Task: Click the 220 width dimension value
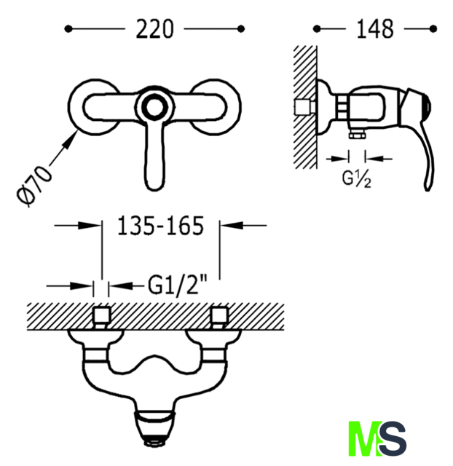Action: coord(154,29)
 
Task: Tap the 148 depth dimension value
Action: coord(375,29)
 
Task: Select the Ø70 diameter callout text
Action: coord(34,186)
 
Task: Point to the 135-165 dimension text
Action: coord(161,226)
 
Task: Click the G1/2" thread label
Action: coord(178,285)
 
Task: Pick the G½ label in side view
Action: coord(356,179)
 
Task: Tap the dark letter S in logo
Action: coord(393,438)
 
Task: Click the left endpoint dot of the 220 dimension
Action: coord(68,29)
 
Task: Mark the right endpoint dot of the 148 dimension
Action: coord(433,29)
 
